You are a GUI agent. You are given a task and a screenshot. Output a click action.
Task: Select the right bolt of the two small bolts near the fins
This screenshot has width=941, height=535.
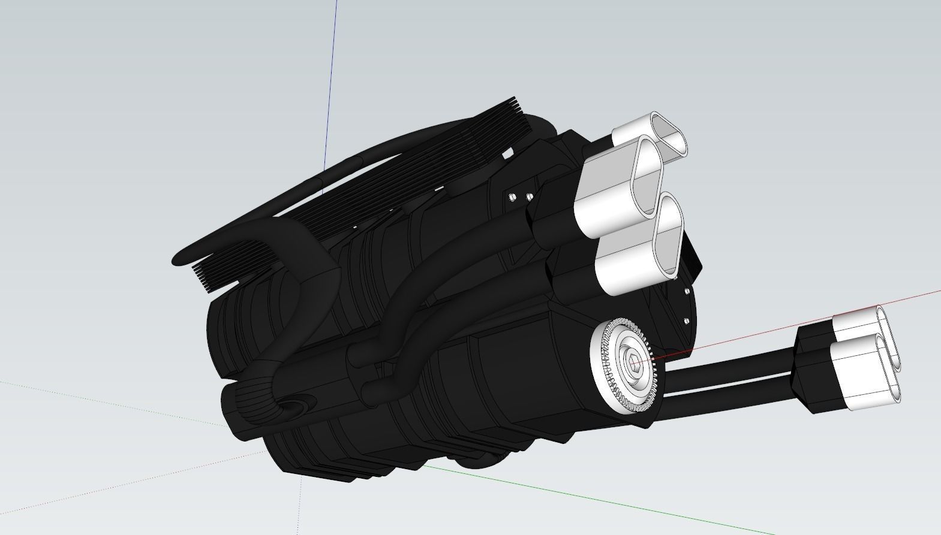529,197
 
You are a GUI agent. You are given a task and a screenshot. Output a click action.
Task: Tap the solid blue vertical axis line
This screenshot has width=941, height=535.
330,90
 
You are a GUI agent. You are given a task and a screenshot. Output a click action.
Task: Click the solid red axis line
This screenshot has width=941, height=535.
780,324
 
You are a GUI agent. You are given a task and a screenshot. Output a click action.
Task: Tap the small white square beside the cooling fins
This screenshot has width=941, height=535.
508,154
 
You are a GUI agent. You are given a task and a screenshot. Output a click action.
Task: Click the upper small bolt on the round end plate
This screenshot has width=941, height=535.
688,291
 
